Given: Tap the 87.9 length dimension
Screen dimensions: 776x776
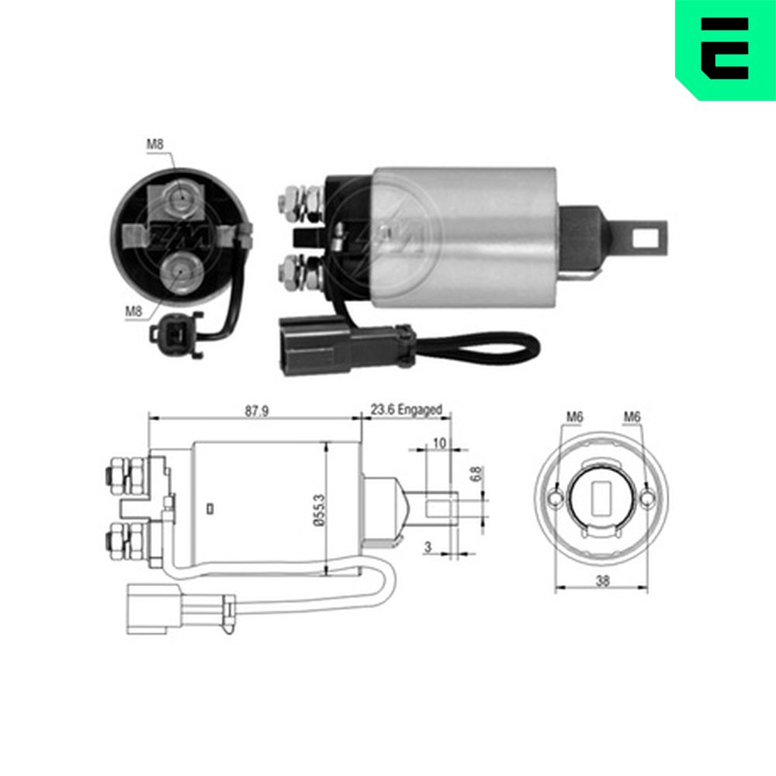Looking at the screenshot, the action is [x=257, y=411].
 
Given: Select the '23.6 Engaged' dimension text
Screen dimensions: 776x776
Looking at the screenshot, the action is [x=407, y=410].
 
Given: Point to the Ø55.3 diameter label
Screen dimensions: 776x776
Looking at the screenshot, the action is [x=320, y=510].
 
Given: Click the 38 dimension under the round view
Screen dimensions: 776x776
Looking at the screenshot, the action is [x=602, y=580].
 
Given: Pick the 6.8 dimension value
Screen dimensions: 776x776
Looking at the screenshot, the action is [x=476, y=474].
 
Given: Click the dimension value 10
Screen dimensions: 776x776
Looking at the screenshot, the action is [x=439, y=443].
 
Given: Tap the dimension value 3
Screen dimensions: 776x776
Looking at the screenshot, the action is [x=428, y=547].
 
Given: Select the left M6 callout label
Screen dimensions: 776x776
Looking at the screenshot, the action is [x=574, y=417].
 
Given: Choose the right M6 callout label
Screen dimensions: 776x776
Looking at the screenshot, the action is [x=632, y=417].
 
